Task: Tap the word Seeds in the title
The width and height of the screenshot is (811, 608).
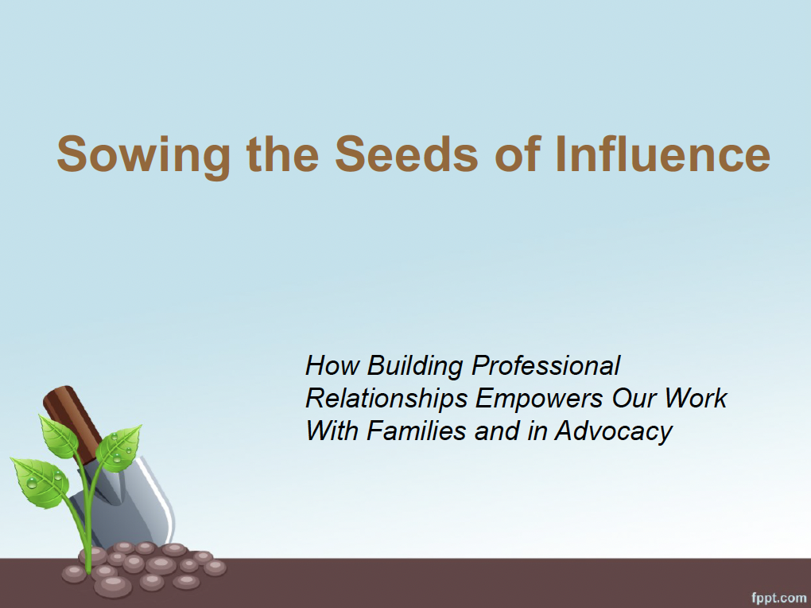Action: pyautogui.click(x=406, y=154)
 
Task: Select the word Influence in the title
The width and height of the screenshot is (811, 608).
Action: pyautogui.click(x=662, y=154)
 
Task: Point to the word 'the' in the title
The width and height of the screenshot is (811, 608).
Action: pyautogui.click(x=282, y=154)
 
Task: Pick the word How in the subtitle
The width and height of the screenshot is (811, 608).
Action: pyautogui.click(x=332, y=365)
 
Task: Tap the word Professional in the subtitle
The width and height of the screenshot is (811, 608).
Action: pyautogui.click(x=545, y=365)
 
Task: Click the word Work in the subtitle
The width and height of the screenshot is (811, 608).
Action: pyautogui.click(x=696, y=398)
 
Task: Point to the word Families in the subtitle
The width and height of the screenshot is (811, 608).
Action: pyautogui.click(x=417, y=431)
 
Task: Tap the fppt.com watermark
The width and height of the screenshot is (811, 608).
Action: pyautogui.click(x=778, y=598)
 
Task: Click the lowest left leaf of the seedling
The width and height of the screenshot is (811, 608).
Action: pyautogui.click(x=40, y=481)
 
